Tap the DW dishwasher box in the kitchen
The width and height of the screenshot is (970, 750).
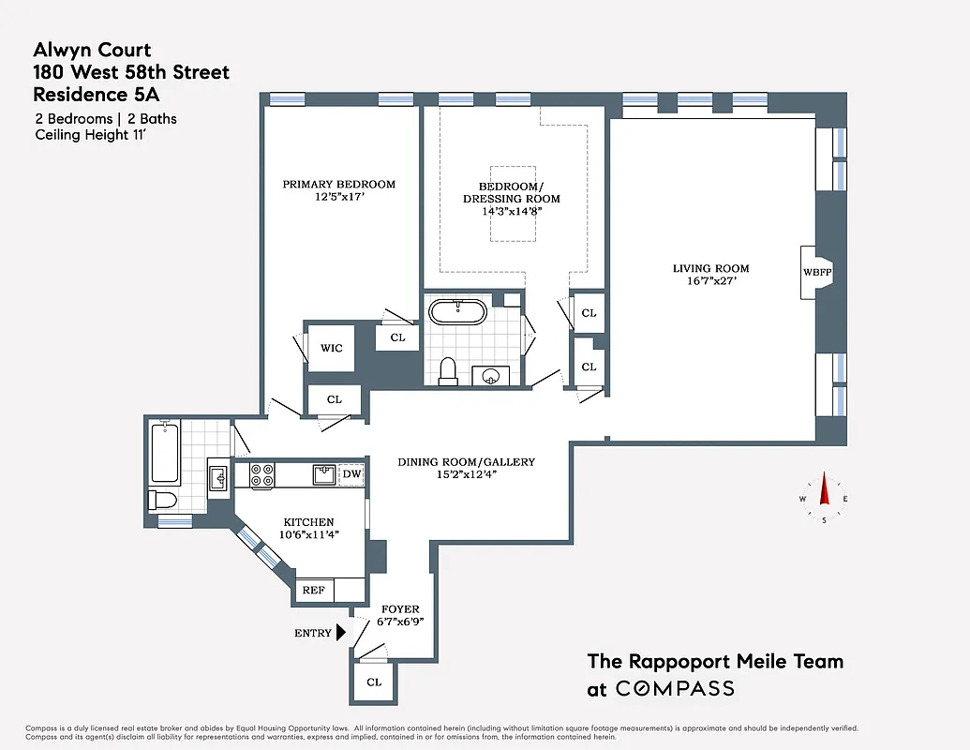[x=351, y=474]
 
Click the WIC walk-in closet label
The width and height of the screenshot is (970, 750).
[x=331, y=348]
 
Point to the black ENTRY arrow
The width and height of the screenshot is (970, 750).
[x=342, y=633]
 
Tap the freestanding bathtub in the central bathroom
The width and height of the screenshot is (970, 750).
[x=457, y=310]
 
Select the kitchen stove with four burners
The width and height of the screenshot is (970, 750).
[x=261, y=475]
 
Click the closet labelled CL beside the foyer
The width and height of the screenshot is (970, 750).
[x=374, y=682]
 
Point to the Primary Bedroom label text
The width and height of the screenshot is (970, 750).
[x=339, y=185]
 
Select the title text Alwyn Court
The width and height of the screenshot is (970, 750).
[x=92, y=51]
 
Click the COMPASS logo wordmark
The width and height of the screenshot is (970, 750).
[x=674, y=689]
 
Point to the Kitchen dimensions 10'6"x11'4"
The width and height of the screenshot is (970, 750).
[x=309, y=536]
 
